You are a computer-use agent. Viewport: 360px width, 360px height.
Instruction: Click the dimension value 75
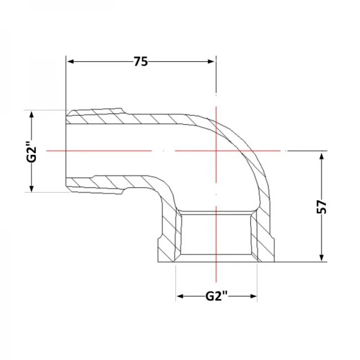pos(141,62)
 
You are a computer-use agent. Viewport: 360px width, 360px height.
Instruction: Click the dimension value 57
pos(322,207)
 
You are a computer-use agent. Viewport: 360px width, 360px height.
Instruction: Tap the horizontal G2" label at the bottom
pos(216,296)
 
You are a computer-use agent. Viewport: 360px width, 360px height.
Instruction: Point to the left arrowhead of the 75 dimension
pos(70,62)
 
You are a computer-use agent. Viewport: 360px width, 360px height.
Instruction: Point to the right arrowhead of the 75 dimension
pos(211,62)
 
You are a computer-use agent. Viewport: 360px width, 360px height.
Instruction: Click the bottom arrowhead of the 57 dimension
pos(322,257)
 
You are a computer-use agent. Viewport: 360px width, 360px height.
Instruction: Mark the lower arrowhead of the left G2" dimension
pos(32,188)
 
